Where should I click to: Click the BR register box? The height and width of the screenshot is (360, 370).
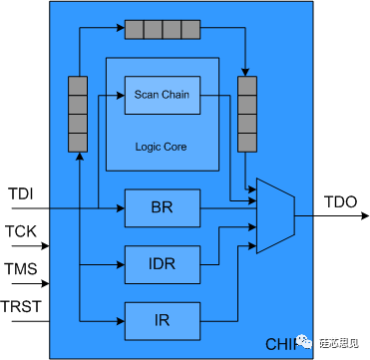(163, 208)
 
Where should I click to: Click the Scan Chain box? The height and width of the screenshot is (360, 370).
(162, 95)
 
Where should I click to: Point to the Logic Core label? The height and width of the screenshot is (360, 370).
(162, 147)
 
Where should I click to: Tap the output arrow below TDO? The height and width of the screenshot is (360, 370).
(339, 215)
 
